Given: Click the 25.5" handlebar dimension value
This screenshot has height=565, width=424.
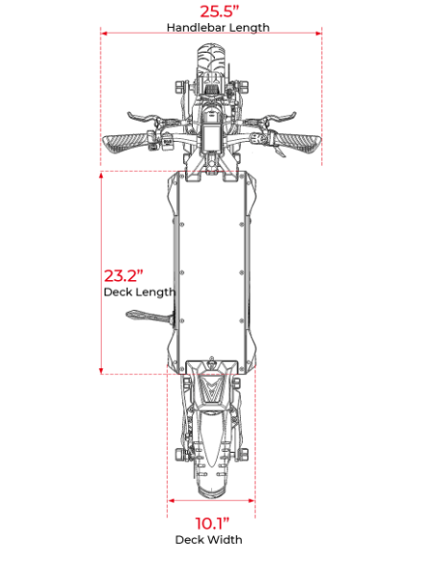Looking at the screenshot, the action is click(220, 12).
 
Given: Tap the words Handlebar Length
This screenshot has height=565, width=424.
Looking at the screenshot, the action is click(218, 28).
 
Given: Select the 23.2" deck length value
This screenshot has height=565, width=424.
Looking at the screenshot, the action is click(123, 275).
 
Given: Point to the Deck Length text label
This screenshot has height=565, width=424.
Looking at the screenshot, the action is click(140, 292).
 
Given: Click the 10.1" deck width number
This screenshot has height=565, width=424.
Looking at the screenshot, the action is click(212, 524).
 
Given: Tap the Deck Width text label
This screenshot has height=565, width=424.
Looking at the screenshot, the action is click(208, 540).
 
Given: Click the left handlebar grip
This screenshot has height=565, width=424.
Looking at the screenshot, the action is click(126, 143).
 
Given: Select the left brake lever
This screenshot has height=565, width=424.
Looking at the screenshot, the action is click(143, 118).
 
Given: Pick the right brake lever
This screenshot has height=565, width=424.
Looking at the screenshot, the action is click(280, 117).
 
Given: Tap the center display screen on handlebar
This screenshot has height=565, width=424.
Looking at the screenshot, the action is click(211, 136).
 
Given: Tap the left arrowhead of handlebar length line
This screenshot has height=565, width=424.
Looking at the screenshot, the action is click(105, 34).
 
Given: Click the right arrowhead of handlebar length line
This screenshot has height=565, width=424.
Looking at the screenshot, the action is click(318, 34).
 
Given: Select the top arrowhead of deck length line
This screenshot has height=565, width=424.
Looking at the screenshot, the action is click(102, 176).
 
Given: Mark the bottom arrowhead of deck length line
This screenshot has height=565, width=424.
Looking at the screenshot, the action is click(102, 371).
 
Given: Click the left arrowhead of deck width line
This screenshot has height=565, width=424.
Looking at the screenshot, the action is click(171, 500).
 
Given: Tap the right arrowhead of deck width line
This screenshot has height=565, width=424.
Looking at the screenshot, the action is click(251, 500).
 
